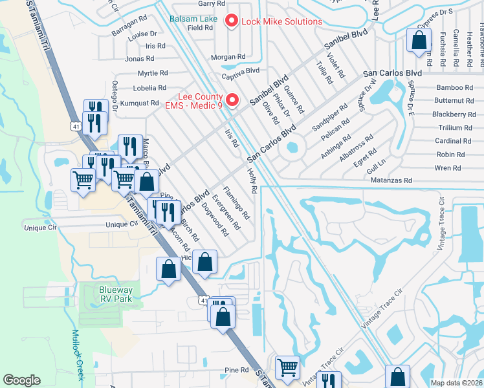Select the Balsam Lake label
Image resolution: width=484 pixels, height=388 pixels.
tap(193, 19)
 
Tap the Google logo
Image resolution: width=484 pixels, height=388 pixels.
tap(21, 380)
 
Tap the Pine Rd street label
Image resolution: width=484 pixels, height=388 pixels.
tap(237, 371)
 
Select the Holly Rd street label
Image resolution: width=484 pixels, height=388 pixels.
tap(252, 181)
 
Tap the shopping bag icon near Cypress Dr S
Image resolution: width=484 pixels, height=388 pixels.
tap(419, 40)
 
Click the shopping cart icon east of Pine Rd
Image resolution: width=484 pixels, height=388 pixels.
tap(287, 367)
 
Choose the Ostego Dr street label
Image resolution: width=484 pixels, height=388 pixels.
tap(114, 95)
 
